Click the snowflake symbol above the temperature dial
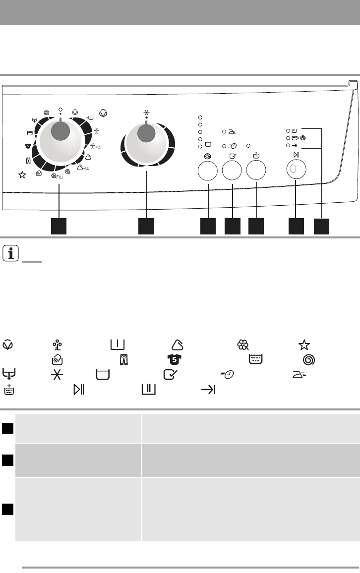[x=146, y=113]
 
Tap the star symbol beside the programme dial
[x=22, y=174]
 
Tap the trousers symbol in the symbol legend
[x=124, y=358]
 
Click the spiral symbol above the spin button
[x=208, y=155]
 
